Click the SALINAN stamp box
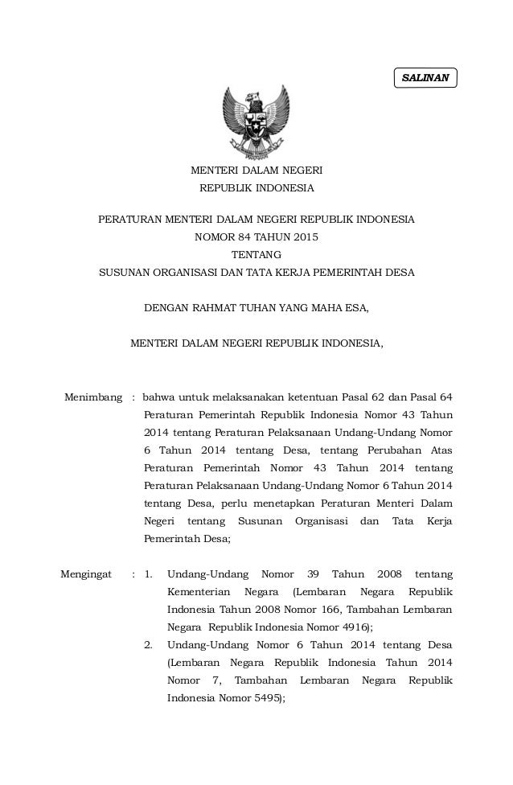click(x=425, y=77)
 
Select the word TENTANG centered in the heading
click(x=256, y=254)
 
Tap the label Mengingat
click(x=88, y=574)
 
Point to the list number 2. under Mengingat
click(x=148, y=645)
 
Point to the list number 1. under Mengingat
click(x=148, y=574)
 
